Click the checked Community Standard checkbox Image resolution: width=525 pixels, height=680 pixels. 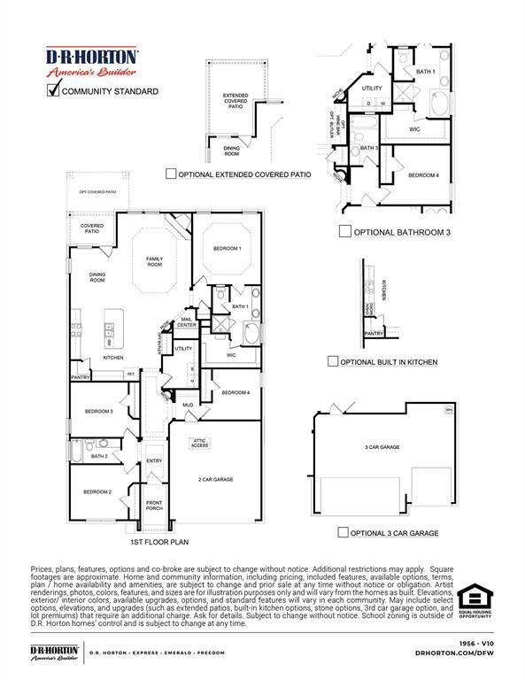click(53, 89)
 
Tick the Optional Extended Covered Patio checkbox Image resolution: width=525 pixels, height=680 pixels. click(171, 174)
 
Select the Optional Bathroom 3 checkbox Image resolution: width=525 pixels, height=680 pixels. click(345, 232)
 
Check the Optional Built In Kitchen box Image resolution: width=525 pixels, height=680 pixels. click(333, 361)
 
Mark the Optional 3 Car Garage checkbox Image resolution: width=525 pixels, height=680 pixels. click(343, 532)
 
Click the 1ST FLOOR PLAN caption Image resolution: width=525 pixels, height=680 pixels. click(160, 541)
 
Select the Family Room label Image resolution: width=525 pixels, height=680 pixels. click(155, 261)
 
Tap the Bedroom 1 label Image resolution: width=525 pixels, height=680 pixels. click(227, 249)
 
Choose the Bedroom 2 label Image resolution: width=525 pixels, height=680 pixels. click(97, 491)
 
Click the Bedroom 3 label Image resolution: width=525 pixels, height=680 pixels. click(98, 412)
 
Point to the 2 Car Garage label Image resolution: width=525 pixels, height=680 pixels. click(215, 479)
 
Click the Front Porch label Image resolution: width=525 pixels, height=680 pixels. click(154, 506)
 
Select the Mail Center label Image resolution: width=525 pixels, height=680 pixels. click(187, 322)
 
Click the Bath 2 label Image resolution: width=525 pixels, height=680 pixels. click(98, 456)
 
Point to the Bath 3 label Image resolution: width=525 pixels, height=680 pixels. click(369, 148)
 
